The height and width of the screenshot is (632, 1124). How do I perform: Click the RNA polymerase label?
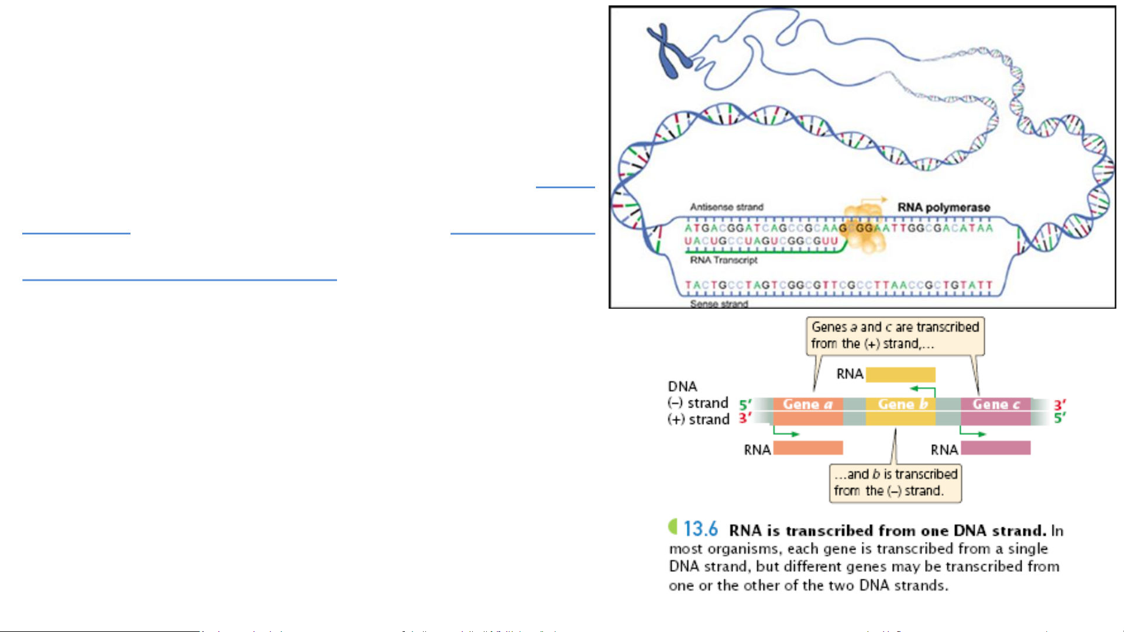tap(943, 208)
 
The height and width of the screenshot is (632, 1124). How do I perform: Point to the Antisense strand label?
tap(726, 207)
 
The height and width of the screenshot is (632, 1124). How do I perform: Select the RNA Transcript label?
tap(723, 260)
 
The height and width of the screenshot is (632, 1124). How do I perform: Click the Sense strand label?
tap(719, 303)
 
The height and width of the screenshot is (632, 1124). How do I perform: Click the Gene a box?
tap(807, 404)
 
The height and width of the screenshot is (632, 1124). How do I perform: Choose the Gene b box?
tap(901, 404)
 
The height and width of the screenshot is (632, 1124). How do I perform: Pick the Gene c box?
tap(995, 404)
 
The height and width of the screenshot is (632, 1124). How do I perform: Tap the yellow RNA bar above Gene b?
tap(900, 374)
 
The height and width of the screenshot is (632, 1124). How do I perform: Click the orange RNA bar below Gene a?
tap(807, 448)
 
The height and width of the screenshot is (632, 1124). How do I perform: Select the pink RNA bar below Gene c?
tap(995, 448)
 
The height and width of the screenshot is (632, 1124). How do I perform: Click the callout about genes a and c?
tap(895, 336)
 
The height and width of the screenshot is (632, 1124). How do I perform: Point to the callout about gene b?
tap(895, 482)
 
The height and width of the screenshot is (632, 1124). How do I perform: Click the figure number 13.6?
tap(700, 529)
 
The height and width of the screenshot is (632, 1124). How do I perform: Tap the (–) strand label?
tap(698, 403)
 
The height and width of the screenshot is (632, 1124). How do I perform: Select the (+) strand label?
tap(699, 419)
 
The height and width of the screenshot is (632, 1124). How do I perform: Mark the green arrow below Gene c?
tap(972, 433)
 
